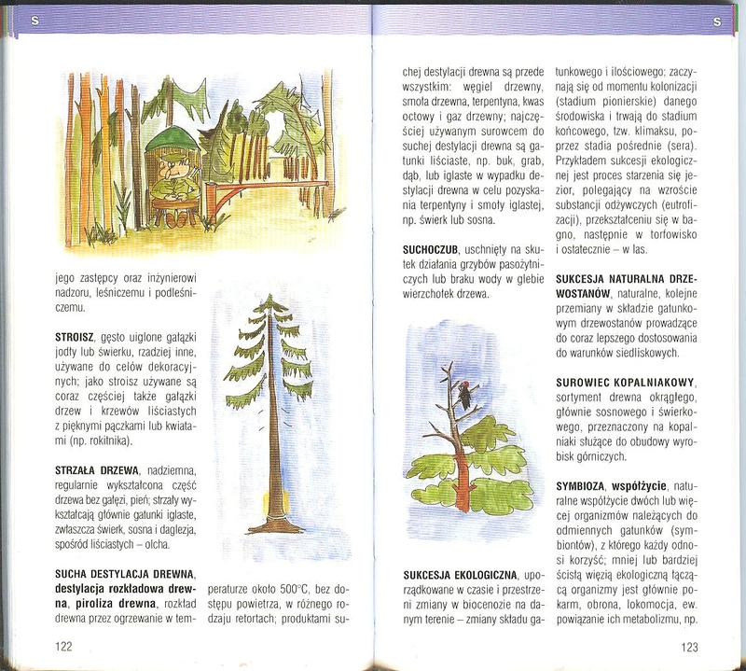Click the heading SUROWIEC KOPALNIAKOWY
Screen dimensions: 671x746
628,381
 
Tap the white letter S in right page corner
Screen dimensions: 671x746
715,21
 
